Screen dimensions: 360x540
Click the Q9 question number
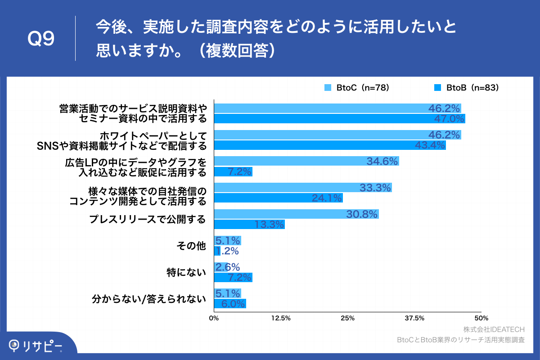(41, 39)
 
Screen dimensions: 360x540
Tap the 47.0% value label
(449, 119)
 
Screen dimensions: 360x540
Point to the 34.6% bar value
(383, 161)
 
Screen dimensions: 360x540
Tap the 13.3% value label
(270, 225)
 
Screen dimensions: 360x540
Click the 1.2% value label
(227, 251)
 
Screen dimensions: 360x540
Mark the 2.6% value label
(227, 267)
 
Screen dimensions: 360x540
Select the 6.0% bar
(230, 304)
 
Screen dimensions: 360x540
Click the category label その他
(192, 246)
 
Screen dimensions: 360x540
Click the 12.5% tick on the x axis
(281, 319)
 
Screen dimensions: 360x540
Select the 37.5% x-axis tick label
(414, 319)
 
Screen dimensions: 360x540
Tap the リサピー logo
(36, 345)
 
